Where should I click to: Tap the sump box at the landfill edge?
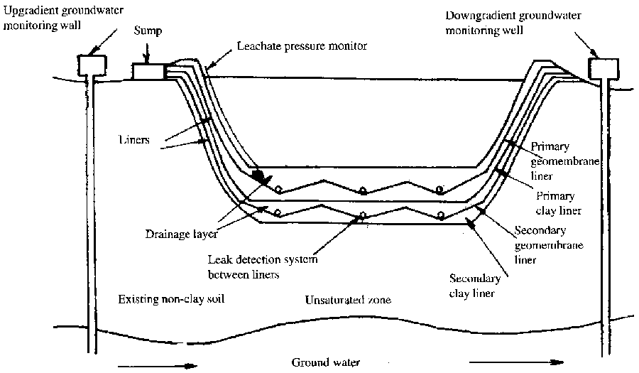point(148,71)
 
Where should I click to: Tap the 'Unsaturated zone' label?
point(348,299)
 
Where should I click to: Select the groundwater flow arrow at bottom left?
point(153,366)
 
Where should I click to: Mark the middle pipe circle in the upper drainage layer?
point(362,190)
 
